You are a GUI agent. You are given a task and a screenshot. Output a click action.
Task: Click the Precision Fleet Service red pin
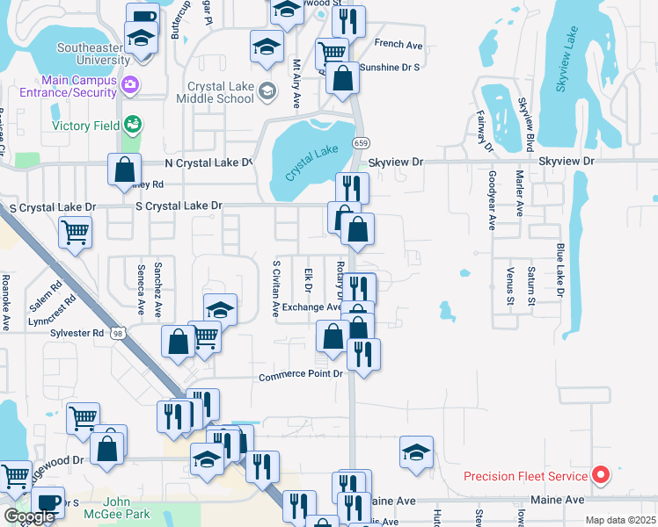[x=601, y=476]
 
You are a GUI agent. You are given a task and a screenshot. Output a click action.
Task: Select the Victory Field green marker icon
[x=132, y=126]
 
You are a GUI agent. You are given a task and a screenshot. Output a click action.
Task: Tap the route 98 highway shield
[x=130, y=333]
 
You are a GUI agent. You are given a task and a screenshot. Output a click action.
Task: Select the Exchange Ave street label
[x=311, y=307]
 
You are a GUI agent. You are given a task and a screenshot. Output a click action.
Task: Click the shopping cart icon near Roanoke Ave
[x=75, y=234]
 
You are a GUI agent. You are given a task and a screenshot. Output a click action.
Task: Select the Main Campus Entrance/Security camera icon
[x=131, y=84]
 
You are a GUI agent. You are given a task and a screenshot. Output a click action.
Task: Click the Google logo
[x=29, y=516]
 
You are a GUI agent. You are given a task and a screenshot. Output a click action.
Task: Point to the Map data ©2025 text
[x=620, y=520]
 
